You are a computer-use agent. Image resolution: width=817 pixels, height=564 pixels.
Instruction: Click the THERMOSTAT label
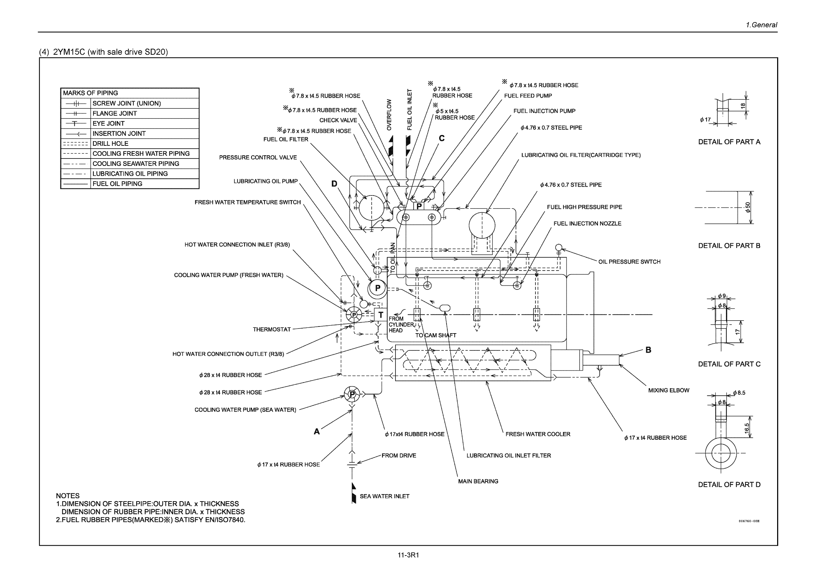272,329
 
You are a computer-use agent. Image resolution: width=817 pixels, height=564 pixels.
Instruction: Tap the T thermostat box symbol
380,314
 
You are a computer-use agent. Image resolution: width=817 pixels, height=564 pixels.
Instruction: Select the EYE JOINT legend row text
108,123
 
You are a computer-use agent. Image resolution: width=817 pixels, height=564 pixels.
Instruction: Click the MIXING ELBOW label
668,390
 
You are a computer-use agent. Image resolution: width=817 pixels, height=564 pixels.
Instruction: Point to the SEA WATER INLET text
384,496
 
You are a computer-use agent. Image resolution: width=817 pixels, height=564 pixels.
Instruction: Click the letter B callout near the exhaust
648,350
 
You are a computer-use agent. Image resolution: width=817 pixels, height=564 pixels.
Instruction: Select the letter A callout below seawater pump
316,431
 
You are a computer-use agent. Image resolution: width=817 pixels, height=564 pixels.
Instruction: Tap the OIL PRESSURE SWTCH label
629,262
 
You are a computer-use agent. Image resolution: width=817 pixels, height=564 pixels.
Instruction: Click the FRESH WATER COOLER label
538,434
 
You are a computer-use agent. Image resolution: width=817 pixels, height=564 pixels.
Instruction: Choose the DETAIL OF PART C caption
729,364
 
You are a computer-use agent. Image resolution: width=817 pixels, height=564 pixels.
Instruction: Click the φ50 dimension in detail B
748,208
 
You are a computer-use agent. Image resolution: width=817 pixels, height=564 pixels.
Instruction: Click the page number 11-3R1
408,555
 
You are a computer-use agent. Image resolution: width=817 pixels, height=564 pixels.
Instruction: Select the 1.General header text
761,25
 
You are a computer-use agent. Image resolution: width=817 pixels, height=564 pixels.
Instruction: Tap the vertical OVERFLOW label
389,114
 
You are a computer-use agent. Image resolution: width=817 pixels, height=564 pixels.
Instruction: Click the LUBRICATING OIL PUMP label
265,181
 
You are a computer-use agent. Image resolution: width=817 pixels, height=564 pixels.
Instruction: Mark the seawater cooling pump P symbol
352,394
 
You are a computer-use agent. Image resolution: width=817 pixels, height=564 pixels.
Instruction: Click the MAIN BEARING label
478,481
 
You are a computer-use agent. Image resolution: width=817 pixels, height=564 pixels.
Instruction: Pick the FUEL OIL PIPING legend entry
117,184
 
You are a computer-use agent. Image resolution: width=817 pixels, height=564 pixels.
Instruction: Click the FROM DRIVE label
398,456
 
